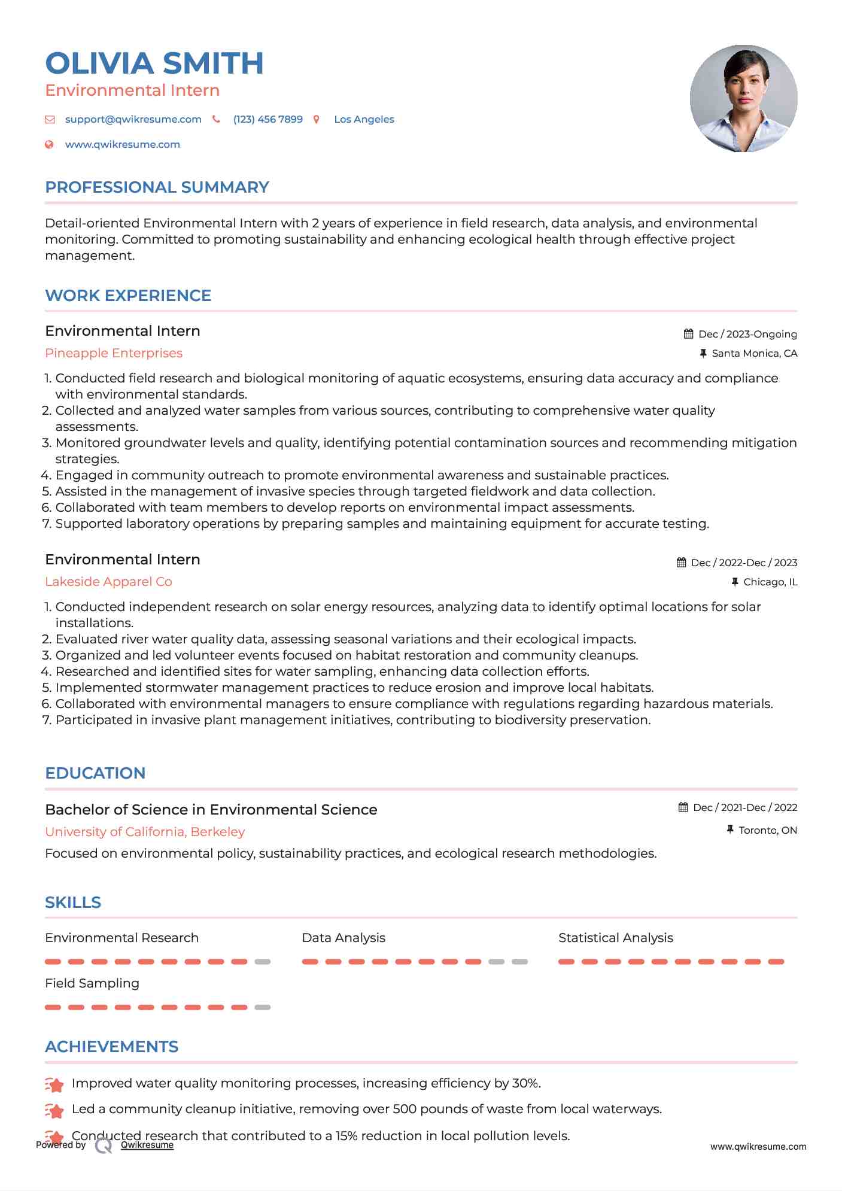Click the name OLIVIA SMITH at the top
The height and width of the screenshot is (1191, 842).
click(x=154, y=63)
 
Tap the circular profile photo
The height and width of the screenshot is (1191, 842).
click(x=743, y=98)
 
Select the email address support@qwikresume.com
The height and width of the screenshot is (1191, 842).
click(x=133, y=119)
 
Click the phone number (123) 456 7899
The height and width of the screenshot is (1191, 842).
click(x=268, y=119)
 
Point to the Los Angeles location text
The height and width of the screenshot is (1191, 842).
click(x=364, y=119)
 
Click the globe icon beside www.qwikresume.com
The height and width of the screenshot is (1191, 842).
click(x=50, y=144)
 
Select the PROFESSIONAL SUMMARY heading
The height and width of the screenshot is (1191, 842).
click(x=157, y=187)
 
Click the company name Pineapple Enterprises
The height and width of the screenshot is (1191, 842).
click(x=114, y=353)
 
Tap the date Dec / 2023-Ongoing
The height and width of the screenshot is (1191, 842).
click(x=747, y=334)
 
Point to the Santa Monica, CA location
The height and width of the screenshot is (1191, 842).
click(x=754, y=353)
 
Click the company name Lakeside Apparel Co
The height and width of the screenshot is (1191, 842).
click(x=108, y=582)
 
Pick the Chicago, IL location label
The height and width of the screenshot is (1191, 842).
click(x=770, y=582)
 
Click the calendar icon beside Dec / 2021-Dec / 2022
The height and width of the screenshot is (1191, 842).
click(x=683, y=807)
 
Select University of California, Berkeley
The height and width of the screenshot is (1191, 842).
click(x=145, y=832)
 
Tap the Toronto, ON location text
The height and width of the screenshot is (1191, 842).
click(x=767, y=830)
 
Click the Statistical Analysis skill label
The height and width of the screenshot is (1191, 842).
click(x=615, y=938)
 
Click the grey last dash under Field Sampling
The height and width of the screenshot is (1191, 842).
click(x=262, y=1007)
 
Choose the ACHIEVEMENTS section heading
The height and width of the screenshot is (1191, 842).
click(x=112, y=1047)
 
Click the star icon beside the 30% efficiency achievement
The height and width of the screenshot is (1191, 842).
click(x=54, y=1084)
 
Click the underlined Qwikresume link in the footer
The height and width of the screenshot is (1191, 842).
click(x=147, y=1145)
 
